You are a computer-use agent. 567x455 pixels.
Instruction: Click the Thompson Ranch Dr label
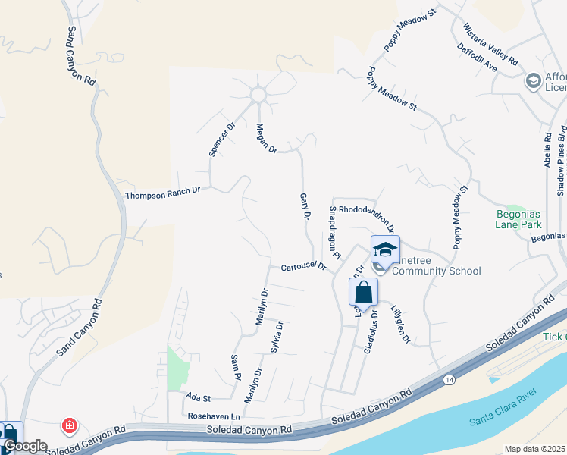tap(162, 194)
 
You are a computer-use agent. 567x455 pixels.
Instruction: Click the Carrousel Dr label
tap(303, 267)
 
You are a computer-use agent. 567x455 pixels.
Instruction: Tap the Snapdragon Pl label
tap(334, 231)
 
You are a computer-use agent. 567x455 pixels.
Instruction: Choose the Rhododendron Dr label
tap(367, 216)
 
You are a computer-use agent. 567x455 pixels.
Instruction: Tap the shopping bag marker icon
tap(364, 293)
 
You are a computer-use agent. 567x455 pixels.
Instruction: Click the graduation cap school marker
tap(385, 249)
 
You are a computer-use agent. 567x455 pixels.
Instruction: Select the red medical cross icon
tap(70, 425)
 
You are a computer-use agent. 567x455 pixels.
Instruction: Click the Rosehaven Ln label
tap(214, 416)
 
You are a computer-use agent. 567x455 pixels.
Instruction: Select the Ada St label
tap(197, 397)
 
